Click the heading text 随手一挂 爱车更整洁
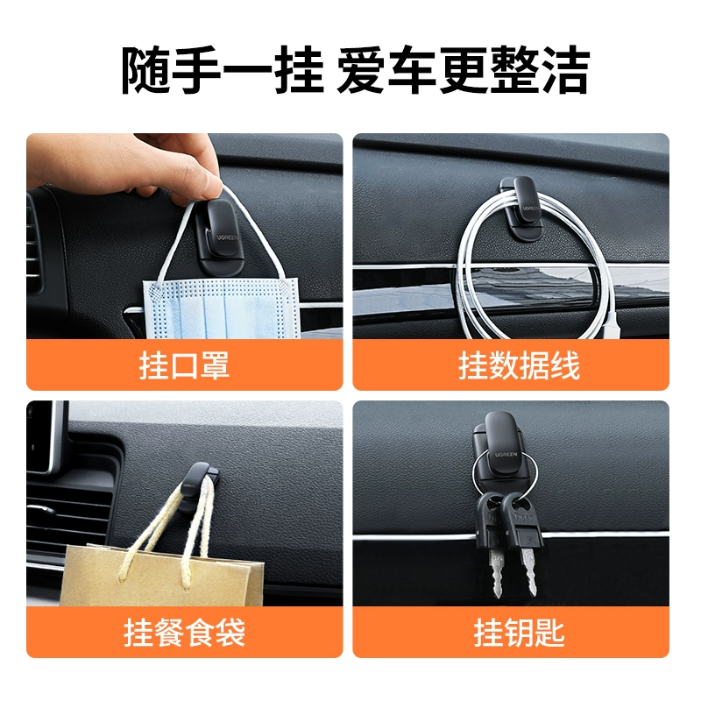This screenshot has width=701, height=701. coord(356,70)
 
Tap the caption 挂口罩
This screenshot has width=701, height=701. coord(184,365)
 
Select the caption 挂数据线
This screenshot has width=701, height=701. coord(519,365)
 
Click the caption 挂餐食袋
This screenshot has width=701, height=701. coord(184,632)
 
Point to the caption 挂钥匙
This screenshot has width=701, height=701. coord(519,632)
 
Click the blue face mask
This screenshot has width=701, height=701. coord(222,308)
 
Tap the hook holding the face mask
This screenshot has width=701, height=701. coord(220,236)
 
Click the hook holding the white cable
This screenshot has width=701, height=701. coord(521,206)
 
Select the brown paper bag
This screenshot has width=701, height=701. coord(162,576)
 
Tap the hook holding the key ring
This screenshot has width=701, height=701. coord(502,451)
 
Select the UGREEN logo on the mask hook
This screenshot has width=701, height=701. coord(228,237)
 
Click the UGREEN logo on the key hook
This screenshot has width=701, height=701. coord(506,455)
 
